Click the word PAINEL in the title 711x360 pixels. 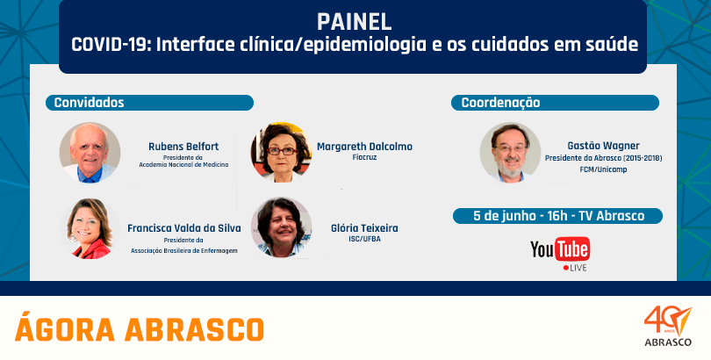click(354, 21)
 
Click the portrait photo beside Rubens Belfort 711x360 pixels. click(90, 153)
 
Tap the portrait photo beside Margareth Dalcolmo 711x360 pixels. click(281, 153)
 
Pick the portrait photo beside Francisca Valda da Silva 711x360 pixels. click(90, 228)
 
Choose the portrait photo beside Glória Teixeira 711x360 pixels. click(281, 227)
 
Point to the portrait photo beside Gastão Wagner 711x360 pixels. click(510, 153)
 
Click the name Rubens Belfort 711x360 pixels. click(183, 147)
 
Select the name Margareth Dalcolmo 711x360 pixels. click(364, 147)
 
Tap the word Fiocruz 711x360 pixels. click(364, 157)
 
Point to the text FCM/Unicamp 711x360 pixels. click(603, 169)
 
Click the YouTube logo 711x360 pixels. click(560, 250)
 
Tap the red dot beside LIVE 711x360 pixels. click(565, 268)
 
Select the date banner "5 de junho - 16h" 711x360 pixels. click(557, 216)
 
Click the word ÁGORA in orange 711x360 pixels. click(65, 328)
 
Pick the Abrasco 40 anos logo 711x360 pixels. click(668, 326)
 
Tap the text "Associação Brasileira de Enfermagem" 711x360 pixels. click(184, 250)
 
